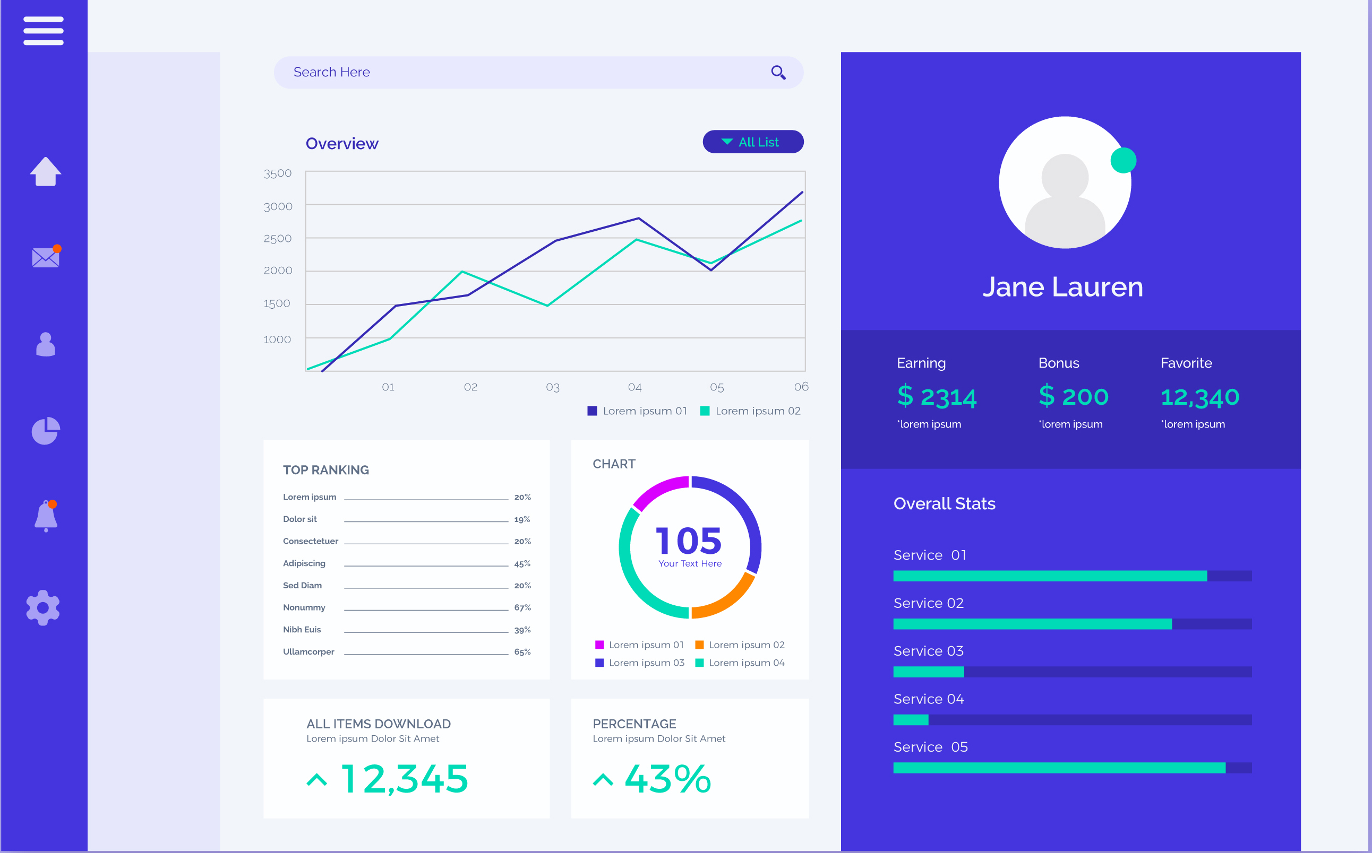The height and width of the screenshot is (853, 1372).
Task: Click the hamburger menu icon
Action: click(x=44, y=30)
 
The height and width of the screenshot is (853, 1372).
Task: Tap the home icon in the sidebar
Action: click(x=45, y=171)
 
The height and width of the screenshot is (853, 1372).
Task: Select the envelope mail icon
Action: click(x=46, y=257)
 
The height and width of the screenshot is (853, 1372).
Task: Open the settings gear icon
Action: click(x=43, y=607)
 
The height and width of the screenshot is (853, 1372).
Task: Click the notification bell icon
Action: click(x=46, y=516)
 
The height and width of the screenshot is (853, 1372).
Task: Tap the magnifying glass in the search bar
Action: click(x=778, y=73)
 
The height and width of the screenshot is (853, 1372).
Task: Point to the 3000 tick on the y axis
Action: click(x=278, y=206)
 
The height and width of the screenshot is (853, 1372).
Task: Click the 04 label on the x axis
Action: click(x=634, y=388)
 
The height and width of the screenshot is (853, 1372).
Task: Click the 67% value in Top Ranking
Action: click(x=522, y=607)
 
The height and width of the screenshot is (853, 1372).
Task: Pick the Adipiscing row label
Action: click(x=304, y=563)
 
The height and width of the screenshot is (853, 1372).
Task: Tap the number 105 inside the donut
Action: click(x=688, y=541)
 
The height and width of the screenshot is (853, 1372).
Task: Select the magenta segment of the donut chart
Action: click(x=658, y=490)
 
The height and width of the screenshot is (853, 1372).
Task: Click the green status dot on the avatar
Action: click(x=1123, y=161)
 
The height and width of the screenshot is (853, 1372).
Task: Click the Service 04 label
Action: click(x=928, y=699)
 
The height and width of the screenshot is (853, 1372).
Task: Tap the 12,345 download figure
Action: click(x=404, y=779)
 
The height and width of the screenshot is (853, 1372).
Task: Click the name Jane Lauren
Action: click(x=1062, y=287)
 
